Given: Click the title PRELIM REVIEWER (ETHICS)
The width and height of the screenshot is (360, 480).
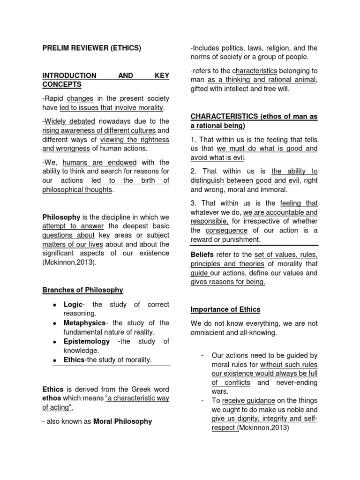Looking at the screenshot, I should pyautogui.click(x=91, y=48).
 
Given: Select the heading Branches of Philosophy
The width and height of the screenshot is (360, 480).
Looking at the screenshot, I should pyautogui.click(x=82, y=290).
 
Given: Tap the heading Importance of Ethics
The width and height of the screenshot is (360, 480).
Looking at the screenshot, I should pyautogui.click(x=225, y=309).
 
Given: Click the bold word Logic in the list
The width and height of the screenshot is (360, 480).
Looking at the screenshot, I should pyautogui.click(x=73, y=305).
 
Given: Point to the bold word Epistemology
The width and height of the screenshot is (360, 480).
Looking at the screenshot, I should pyautogui.click(x=87, y=341).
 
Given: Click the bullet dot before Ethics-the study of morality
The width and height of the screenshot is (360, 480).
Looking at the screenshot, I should pyautogui.click(x=55, y=360).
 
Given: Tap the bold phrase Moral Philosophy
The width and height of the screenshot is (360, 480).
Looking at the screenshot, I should pyautogui.click(x=123, y=421).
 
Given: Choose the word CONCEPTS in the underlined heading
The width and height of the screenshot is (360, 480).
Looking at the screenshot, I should pyautogui.click(x=61, y=84).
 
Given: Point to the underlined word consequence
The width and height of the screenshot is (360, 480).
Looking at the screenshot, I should pyautogui.click(x=226, y=230).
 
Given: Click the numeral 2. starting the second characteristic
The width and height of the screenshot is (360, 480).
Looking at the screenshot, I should pyautogui.click(x=193, y=172).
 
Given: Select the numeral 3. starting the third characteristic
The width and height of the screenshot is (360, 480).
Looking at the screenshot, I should pyautogui.click(x=193, y=203).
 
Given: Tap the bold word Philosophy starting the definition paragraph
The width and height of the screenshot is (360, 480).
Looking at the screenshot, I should pyautogui.click(x=61, y=217).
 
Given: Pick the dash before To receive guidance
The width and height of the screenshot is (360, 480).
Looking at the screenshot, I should pyautogui.click(x=202, y=400).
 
